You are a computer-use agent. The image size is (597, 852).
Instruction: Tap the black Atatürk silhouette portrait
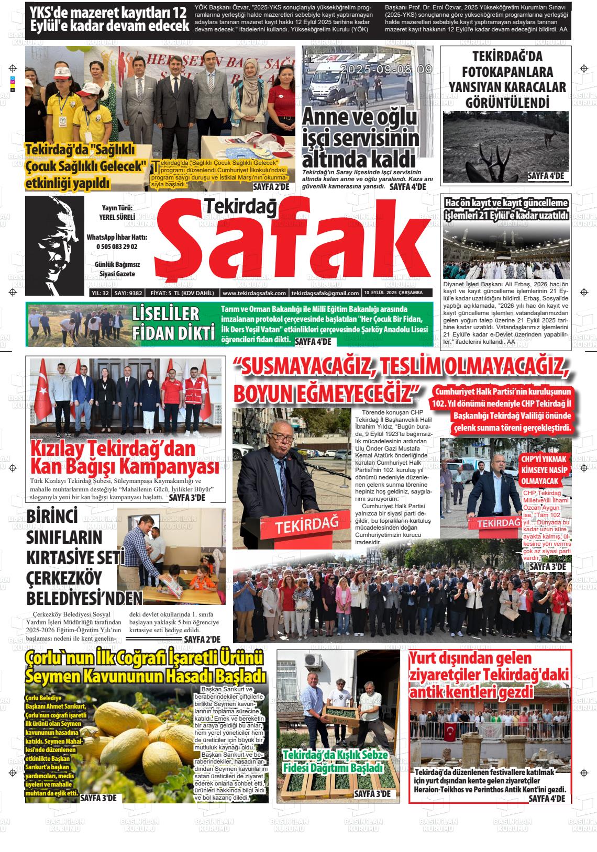coord(54,246)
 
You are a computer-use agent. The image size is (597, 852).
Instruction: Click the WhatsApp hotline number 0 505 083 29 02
coord(117,246)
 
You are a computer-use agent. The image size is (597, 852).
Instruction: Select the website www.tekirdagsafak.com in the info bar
coord(254,293)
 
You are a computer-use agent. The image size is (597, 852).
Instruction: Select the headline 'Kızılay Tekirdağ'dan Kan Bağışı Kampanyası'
coord(125,457)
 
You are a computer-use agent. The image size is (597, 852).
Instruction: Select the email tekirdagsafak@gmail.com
coord(325,293)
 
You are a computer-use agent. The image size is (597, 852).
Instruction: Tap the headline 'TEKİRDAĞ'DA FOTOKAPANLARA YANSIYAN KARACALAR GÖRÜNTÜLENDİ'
coord(504,80)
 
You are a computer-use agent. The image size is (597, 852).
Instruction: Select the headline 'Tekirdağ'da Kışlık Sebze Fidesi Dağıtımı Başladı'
coord(335,762)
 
